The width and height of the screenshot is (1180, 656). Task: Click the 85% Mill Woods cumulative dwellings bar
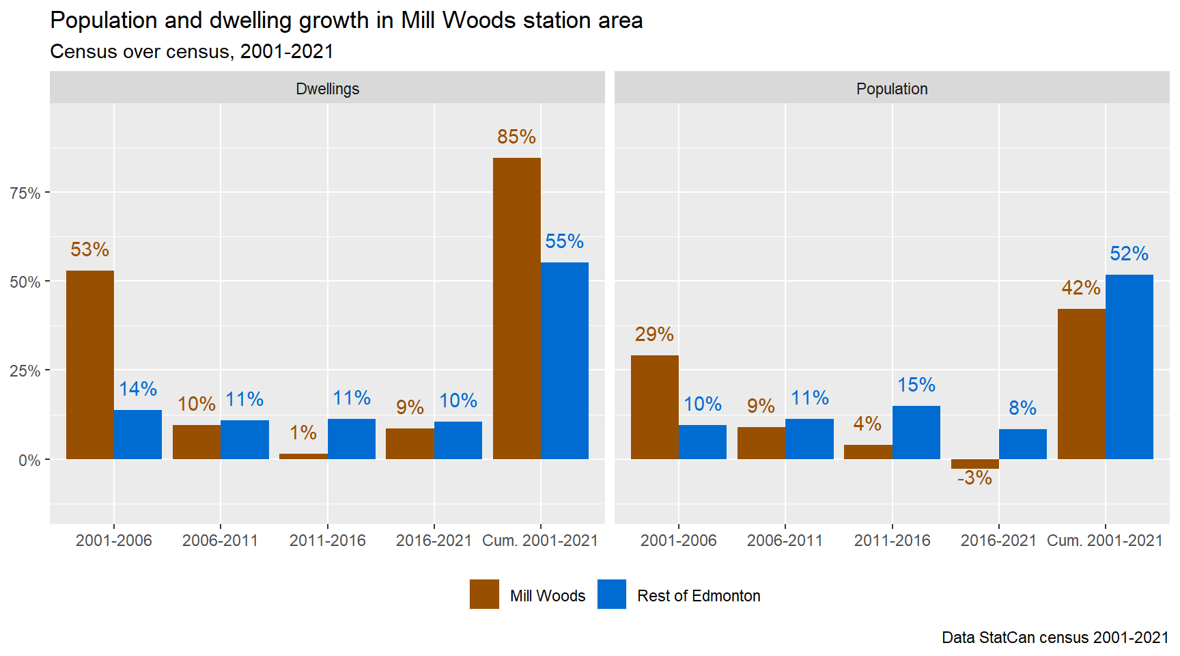click(516, 307)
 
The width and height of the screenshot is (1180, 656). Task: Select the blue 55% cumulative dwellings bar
click(565, 360)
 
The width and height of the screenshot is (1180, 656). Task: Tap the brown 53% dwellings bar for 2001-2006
click(90, 364)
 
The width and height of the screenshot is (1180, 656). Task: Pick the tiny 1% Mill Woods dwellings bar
click(303, 456)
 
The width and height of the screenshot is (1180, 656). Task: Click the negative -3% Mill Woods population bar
click(974, 464)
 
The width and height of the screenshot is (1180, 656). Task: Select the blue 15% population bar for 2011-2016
click(916, 432)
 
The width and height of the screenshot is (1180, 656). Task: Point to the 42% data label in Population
click(1080, 288)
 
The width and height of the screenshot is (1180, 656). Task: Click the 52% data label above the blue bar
click(1129, 254)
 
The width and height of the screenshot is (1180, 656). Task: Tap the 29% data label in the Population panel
click(654, 334)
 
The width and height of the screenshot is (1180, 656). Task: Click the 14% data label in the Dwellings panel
click(138, 389)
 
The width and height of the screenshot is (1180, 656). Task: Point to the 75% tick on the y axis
click(25, 193)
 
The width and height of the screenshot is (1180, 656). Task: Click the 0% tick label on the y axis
click(29, 460)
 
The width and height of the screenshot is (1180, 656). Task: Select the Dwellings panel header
click(327, 89)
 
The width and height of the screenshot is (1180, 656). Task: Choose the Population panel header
click(891, 89)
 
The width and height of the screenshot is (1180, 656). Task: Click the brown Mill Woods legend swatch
click(484, 594)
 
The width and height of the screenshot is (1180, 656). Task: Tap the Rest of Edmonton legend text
click(698, 596)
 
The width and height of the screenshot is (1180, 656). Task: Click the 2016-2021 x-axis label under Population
click(998, 541)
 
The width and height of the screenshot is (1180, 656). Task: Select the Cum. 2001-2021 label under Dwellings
click(539, 541)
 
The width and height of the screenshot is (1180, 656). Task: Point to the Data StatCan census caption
click(1054, 638)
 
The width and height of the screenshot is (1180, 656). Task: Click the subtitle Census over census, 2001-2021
click(192, 52)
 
